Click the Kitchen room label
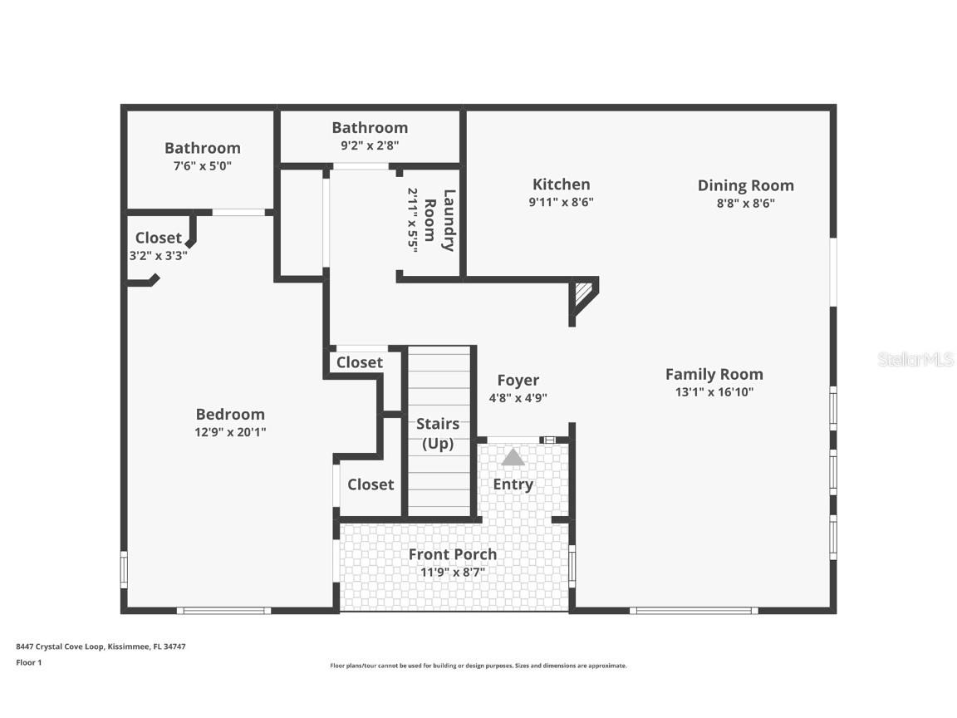click(561, 184)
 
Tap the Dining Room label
click(745, 185)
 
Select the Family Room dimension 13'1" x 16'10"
click(714, 392)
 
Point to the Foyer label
click(518, 381)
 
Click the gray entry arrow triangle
click(513, 457)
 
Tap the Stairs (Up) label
click(437, 433)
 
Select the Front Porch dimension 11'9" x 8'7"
click(452, 572)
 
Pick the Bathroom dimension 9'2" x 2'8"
click(370, 145)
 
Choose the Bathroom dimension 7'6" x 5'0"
click(202, 165)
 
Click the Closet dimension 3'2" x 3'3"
click(158, 256)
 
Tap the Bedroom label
click(230, 414)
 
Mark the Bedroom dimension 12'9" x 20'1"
click(230, 432)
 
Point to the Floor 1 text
click(28, 662)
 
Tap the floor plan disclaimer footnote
click(478, 666)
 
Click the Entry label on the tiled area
click(513, 484)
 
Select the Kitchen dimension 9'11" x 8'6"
click(561, 202)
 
